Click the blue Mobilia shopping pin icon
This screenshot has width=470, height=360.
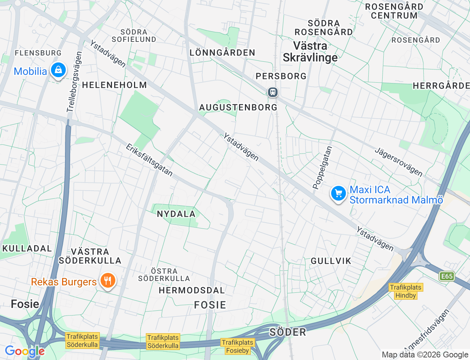click(58, 70)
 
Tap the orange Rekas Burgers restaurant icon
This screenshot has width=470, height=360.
click(107, 281)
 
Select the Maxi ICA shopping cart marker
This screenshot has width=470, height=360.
click(338, 193)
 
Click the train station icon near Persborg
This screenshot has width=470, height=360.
click(272, 92)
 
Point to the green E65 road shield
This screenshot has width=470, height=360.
click(446, 276)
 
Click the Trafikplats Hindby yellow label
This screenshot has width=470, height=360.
click(405, 291)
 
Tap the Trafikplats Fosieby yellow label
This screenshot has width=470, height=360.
click(238, 346)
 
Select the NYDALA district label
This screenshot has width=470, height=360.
click(176, 214)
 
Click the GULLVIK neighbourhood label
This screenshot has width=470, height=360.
click(331, 261)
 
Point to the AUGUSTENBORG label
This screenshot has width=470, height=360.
click(238, 107)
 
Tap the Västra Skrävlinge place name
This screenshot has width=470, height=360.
click(310, 51)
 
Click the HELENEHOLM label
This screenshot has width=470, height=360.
click(115, 85)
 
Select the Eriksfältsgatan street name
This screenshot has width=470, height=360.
click(149, 160)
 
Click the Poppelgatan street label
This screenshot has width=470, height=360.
click(322, 168)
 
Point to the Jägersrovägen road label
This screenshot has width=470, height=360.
click(398, 162)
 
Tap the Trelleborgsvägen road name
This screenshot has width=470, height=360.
click(74, 82)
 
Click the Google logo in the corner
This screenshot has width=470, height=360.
click(25, 351)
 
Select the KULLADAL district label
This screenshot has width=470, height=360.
click(27, 248)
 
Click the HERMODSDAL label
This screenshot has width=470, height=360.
click(191, 290)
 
